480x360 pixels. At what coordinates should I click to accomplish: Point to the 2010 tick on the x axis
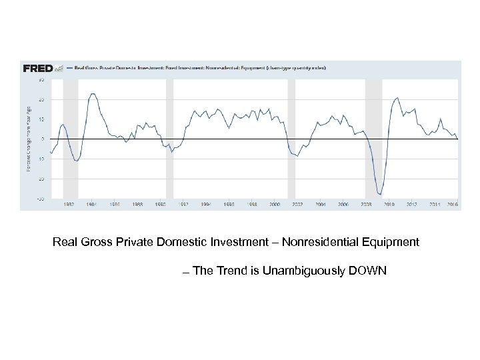[x=389, y=205]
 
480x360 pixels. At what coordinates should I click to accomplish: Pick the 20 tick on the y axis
[x=41, y=99]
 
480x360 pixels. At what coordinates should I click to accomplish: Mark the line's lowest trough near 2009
[x=380, y=194]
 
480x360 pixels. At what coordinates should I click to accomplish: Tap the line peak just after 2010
[x=398, y=98]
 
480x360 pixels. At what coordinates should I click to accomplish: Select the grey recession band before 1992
[x=169, y=139]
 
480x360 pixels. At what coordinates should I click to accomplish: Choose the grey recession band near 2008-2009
[x=373, y=139]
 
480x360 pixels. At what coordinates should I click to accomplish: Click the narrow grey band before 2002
[x=291, y=139]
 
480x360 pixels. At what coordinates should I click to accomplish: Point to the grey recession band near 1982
[x=70, y=139]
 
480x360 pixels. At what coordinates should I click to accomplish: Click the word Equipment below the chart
[x=393, y=242]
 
